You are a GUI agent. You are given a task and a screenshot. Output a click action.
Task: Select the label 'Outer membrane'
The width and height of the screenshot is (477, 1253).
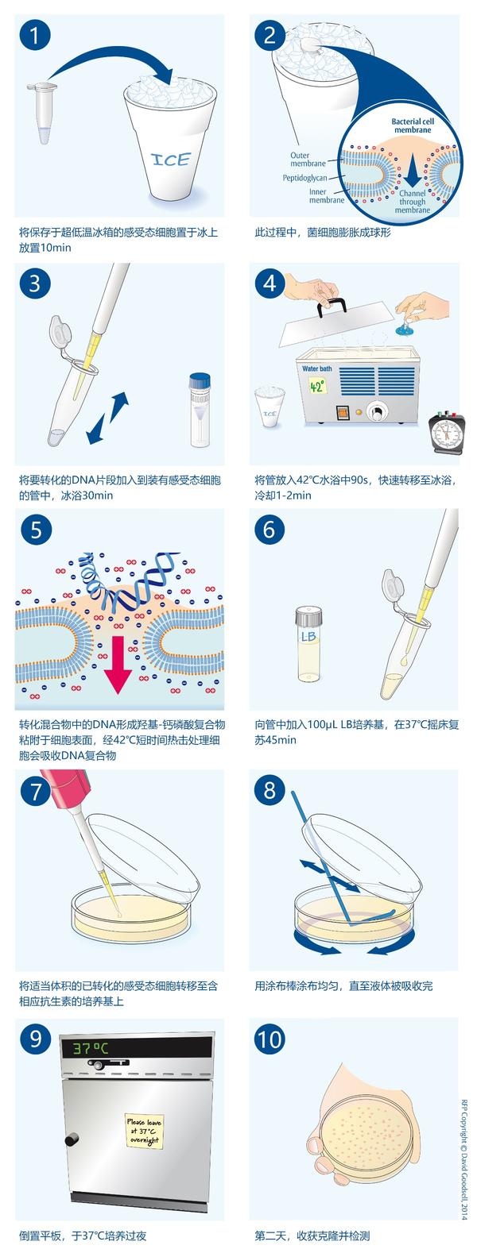(x=308, y=160)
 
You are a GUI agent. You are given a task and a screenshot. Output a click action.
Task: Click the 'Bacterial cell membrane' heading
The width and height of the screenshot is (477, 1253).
(x=411, y=125)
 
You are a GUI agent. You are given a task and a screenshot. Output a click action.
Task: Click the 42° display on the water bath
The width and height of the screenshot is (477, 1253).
(x=318, y=387)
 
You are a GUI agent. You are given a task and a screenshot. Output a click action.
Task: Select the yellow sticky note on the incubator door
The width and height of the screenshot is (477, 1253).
(x=143, y=1129)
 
